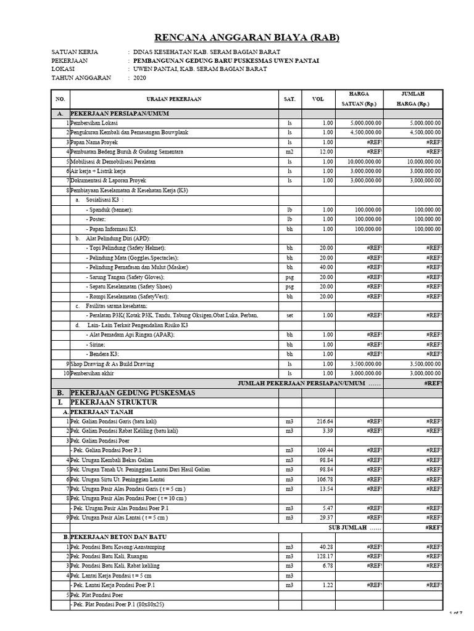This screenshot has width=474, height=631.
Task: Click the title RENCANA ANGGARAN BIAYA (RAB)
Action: point(238,38)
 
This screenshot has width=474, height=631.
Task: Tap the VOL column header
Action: point(317,99)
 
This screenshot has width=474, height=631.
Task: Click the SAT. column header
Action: point(289,99)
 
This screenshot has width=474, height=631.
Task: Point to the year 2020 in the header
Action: point(139,78)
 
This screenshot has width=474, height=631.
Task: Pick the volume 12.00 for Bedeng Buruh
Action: point(325,152)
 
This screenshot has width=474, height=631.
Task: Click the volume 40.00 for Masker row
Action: point(325,267)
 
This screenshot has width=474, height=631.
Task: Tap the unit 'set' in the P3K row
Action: point(289,315)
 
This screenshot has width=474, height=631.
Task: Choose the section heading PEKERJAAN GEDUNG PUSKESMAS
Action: point(133,393)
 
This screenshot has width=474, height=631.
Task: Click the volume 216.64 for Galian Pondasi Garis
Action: point(323,421)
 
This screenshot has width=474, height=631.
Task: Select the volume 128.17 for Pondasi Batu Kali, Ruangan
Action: point(323,556)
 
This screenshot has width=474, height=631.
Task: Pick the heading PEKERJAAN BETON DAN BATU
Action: point(118,537)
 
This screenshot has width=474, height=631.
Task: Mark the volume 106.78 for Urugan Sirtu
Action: point(323,479)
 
